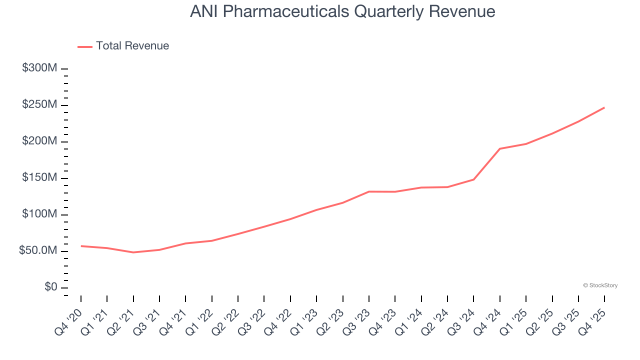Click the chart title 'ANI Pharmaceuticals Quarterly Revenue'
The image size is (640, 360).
pos(342,11)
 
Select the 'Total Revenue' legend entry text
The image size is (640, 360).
pos(132,46)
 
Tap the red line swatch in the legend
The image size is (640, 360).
pos(85,46)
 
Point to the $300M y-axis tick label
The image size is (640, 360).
pos(39,68)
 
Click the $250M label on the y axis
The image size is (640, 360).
pos(39,105)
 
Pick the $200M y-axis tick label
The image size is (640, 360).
pos(39,141)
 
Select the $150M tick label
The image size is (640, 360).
pos(39,178)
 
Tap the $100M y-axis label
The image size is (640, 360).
pos(39,214)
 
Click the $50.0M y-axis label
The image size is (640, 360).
pos(38,251)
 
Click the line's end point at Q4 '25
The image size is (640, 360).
pos(604,107)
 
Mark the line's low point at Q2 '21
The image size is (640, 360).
pos(133,252)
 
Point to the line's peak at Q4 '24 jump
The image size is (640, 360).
pos(500,148)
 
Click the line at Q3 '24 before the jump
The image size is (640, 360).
pos(473,179)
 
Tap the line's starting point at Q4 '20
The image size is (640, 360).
pos(81,246)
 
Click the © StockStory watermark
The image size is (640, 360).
pos(600,285)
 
